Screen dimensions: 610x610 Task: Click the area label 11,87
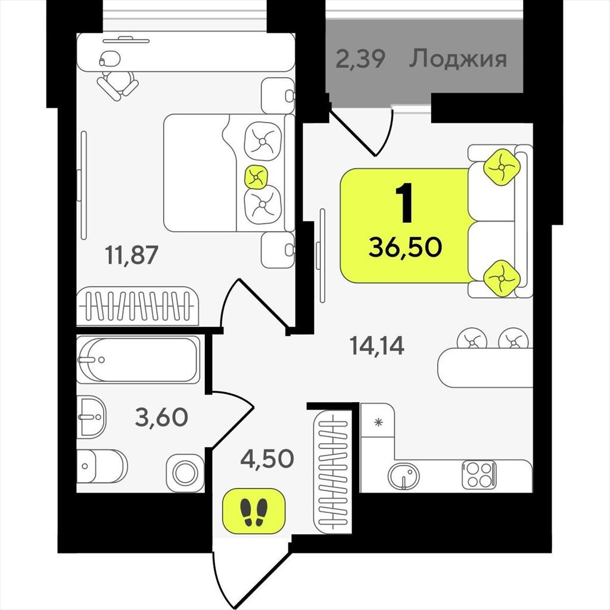[132, 255]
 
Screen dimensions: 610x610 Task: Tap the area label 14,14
[377, 345]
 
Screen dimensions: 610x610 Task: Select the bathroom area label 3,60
[161, 417]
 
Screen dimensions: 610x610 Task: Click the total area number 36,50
[405, 247]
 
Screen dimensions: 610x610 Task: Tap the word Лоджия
[458, 59]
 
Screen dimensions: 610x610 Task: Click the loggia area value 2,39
[360, 59]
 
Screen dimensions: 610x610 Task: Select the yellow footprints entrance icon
[254, 511]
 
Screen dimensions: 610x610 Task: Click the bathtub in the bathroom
[138, 359]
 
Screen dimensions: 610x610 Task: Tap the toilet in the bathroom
[102, 466]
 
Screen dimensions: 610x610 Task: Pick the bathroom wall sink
[91, 417]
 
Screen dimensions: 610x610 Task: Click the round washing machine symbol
[185, 473]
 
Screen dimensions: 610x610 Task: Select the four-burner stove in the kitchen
[479, 475]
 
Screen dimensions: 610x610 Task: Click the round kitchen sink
[404, 476]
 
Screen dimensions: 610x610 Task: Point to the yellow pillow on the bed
[256, 178]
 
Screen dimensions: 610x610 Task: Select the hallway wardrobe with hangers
[332, 471]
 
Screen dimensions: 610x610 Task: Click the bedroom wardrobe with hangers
[138, 306]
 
